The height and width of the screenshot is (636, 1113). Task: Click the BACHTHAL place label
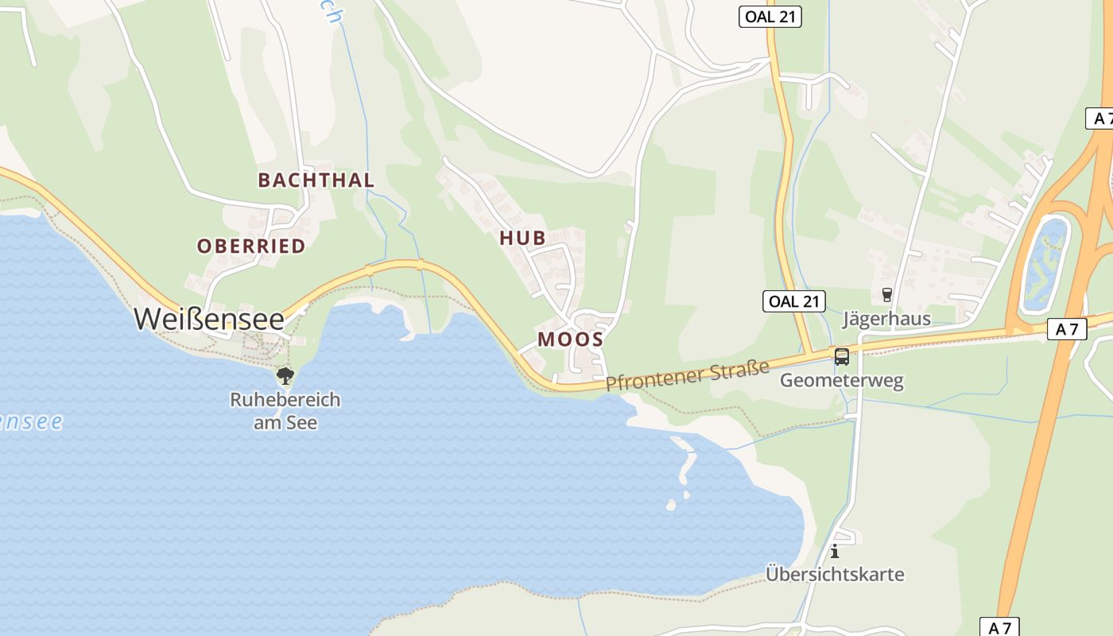(x=316, y=180)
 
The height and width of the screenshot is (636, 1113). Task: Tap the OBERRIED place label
(x=251, y=246)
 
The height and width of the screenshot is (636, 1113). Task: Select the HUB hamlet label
(x=522, y=237)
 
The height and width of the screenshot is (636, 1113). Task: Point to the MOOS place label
(x=570, y=339)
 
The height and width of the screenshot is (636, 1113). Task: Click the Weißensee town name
(x=209, y=319)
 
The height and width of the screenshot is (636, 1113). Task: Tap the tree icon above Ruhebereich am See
(x=285, y=375)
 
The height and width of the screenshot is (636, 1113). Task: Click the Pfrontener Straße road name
(x=688, y=374)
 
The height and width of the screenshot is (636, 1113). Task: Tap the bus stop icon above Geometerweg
(x=842, y=356)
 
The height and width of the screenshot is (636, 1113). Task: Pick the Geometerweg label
(x=841, y=381)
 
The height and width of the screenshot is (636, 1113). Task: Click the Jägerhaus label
(x=886, y=320)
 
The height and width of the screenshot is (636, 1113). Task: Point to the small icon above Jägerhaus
(x=887, y=295)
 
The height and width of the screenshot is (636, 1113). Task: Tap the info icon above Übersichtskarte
(x=835, y=550)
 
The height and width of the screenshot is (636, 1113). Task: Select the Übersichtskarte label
(x=835, y=574)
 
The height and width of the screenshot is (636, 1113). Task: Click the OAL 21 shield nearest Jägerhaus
(x=793, y=301)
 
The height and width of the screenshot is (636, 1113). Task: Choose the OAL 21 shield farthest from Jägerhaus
(x=770, y=17)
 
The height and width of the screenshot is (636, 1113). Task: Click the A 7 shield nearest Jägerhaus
(x=1066, y=329)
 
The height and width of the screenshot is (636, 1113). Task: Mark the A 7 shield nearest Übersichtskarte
(x=999, y=627)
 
